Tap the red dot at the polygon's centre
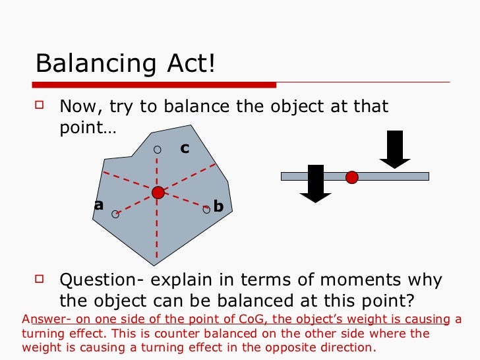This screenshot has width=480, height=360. (158, 193)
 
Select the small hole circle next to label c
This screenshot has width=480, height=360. (157, 150)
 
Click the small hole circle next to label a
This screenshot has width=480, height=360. (115, 214)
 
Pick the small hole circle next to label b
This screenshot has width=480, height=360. (206, 209)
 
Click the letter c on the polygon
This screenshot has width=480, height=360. (185, 149)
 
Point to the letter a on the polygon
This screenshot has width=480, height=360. (99, 205)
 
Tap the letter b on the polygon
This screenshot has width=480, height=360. (219, 207)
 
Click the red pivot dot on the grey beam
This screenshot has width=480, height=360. (352, 177)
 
